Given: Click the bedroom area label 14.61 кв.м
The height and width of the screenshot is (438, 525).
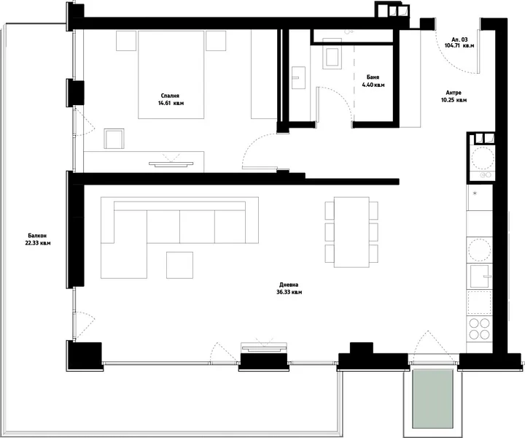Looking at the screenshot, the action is point(171,103).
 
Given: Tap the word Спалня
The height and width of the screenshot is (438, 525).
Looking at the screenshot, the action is point(170,96).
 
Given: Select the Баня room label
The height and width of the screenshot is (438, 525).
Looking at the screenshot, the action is point(373,77).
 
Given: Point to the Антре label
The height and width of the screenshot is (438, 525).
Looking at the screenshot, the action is point(454,93).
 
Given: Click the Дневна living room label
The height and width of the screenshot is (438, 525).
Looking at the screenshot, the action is point(289,285).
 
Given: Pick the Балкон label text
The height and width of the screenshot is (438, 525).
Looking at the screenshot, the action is point(37,236).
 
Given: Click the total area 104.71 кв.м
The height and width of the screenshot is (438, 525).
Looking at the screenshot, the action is point(459,45).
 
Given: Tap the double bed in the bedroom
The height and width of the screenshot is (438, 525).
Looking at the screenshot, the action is point(171,74).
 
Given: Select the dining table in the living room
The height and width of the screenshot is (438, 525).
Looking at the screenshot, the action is point(351,232).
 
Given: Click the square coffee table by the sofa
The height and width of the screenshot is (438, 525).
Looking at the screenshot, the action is point(180,265).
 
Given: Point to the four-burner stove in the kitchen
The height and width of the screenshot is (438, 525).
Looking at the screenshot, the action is point(480,328).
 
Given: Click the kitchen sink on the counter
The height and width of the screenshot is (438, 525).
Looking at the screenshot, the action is point(480,276).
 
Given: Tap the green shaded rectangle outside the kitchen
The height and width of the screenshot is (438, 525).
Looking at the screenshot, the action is point(432,399).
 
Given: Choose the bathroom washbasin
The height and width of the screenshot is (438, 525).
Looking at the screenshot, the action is point(298,77).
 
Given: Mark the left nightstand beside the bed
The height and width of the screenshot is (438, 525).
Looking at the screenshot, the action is point(126,41).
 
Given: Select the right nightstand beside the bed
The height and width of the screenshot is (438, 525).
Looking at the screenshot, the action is point(216,41).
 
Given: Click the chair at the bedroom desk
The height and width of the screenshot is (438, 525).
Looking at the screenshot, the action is point(114,139).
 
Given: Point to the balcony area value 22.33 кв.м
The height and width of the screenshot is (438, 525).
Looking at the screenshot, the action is point(38,243).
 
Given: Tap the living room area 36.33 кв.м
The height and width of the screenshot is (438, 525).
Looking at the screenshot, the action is point(289,292).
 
